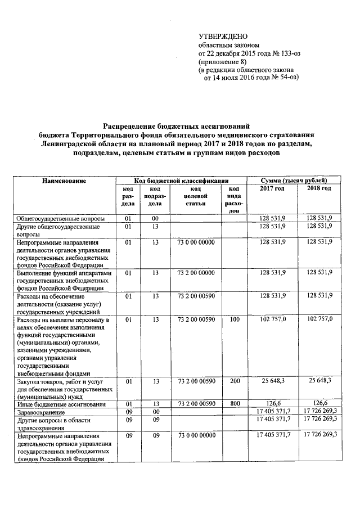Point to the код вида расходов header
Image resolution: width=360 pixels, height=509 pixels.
point(235,199)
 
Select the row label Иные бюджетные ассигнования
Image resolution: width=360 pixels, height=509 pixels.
point(59,404)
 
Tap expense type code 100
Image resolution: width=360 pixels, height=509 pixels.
point(235,319)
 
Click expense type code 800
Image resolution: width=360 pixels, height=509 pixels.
point(235,404)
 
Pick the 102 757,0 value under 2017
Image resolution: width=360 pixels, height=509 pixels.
point(274,319)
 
